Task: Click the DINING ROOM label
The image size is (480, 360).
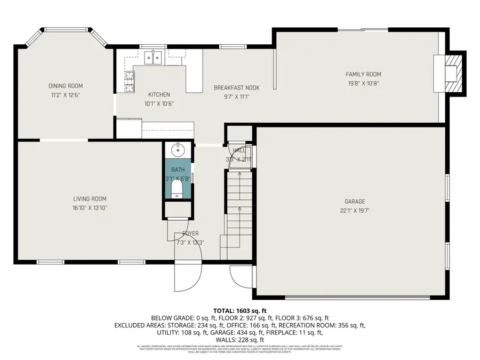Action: [x=66, y=86]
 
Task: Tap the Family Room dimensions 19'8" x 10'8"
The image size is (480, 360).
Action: [x=363, y=83]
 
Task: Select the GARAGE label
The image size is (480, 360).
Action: [x=355, y=202]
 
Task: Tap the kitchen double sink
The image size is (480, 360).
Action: [x=154, y=57]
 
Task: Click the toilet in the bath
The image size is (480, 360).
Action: [x=178, y=191]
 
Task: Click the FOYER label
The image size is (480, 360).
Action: [x=190, y=234]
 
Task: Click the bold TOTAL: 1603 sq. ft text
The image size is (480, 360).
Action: [x=239, y=310]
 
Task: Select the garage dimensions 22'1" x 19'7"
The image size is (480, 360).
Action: [x=355, y=210]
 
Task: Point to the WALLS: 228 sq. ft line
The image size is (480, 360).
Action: [x=239, y=340]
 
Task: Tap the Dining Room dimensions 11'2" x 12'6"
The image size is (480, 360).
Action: [x=66, y=94]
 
